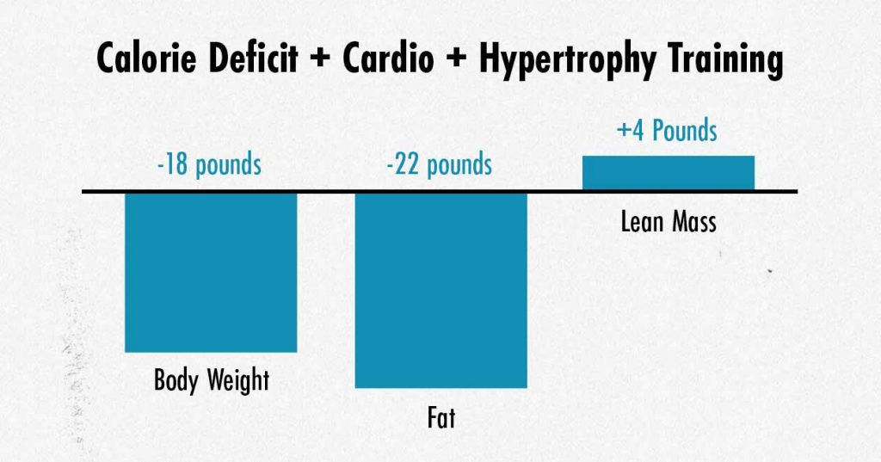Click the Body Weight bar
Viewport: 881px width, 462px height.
point(211,272)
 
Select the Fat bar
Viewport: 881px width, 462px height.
point(440,290)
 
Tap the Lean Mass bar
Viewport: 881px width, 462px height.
point(668,172)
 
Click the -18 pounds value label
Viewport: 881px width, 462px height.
point(209,164)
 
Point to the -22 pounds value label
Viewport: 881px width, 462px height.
point(440,163)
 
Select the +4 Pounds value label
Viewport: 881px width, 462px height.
point(667,131)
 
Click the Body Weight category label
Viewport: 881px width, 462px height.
point(211,379)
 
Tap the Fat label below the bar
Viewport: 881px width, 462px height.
point(440,418)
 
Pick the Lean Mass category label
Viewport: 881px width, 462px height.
point(668,222)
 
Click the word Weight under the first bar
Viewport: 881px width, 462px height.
point(242,379)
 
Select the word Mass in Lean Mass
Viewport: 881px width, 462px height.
point(692,222)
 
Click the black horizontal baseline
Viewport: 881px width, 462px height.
point(327,191)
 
